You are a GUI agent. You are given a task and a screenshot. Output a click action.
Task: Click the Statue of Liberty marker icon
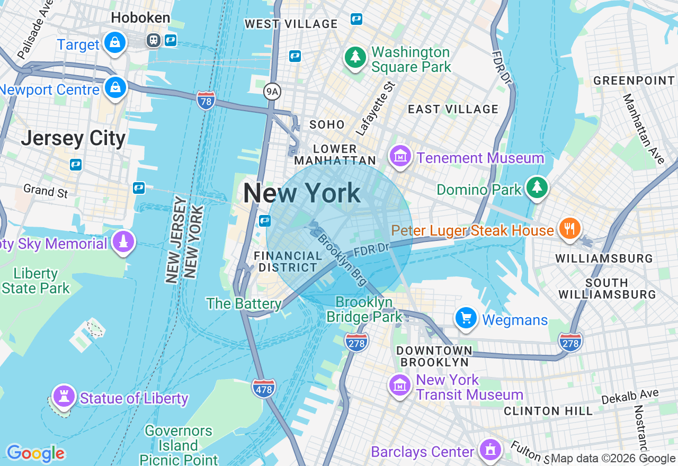(64, 396)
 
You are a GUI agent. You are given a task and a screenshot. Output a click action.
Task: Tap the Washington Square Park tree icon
(355, 57)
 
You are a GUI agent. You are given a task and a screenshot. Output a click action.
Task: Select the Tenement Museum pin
(401, 156)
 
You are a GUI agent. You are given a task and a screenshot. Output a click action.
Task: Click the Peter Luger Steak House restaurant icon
(570, 228)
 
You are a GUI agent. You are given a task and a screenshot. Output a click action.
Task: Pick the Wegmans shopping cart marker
(467, 318)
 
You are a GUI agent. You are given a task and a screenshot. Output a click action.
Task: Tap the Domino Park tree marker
(537, 187)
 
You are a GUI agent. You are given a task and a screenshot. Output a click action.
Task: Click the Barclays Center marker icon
(490, 450)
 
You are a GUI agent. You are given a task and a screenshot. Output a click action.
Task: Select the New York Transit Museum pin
(400, 385)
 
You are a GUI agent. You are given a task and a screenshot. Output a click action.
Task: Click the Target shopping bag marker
(115, 42)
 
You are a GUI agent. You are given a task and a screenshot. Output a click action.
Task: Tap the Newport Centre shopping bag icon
(115, 87)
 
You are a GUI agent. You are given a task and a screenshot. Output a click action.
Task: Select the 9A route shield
(272, 92)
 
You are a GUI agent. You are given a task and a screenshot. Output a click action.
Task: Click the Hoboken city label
(140, 18)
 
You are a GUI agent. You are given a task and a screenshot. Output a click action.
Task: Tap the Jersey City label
(73, 139)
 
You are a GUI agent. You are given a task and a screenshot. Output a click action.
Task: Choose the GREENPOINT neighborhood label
(634, 80)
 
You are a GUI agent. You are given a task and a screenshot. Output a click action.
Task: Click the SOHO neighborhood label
(327, 124)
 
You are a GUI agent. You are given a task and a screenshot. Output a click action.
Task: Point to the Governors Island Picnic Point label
(179, 445)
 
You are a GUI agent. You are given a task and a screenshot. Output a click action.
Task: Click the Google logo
(35, 453)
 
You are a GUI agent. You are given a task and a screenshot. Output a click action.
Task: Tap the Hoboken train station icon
(154, 40)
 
